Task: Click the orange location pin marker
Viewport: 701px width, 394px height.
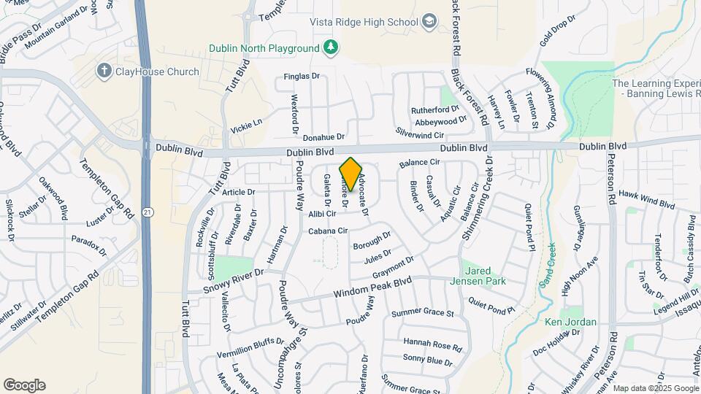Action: click(350, 174)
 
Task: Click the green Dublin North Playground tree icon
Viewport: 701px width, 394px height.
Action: click(331, 47)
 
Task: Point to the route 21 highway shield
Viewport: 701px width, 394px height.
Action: click(148, 212)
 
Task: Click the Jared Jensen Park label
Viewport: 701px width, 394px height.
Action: click(483, 275)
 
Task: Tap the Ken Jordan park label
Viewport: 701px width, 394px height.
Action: click(570, 322)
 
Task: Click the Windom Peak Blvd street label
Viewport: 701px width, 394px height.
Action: click(372, 287)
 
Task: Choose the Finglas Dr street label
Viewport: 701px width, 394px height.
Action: click(301, 76)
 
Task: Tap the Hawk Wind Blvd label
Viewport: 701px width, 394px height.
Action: click(647, 200)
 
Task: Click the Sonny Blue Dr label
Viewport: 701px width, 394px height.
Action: click(427, 360)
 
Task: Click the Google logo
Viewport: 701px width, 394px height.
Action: click(24, 385)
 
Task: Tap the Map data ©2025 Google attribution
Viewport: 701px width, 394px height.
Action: click(656, 388)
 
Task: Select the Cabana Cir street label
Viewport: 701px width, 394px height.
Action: click(326, 231)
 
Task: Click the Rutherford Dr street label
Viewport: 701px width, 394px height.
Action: click(434, 109)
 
